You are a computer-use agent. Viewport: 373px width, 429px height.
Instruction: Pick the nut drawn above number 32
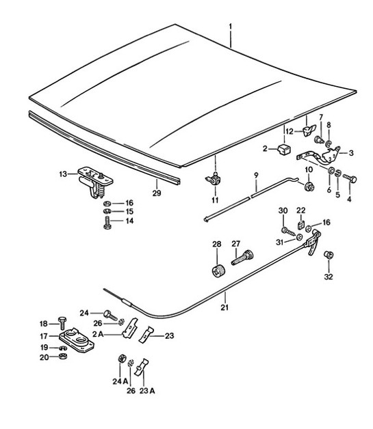328,255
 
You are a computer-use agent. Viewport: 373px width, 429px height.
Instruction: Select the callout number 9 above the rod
255,175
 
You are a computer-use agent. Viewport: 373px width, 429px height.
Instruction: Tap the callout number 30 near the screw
282,210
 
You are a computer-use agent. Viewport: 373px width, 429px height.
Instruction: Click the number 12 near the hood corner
290,130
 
